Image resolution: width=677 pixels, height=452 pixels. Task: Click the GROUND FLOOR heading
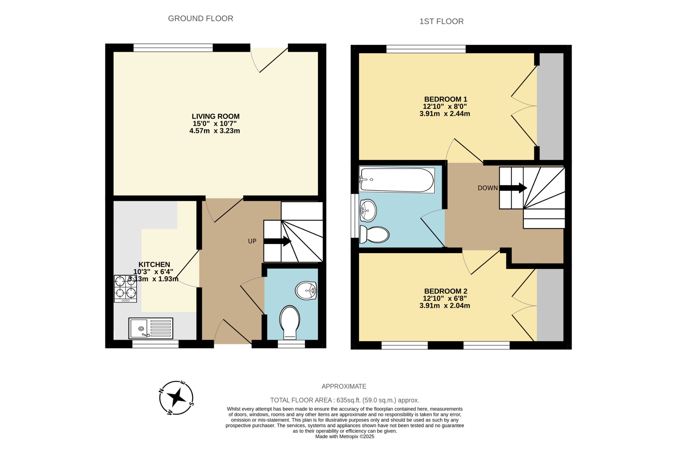pyautogui.click(x=201, y=19)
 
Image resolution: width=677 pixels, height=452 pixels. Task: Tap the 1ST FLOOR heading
pyautogui.click(x=441, y=22)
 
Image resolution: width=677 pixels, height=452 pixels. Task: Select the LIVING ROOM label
pyautogui.click(x=216, y=116)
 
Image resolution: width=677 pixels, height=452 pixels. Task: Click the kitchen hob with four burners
pyautogui.click(x=125, y=289)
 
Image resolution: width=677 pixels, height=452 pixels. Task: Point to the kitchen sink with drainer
pyautogui.click(x=151, y=328)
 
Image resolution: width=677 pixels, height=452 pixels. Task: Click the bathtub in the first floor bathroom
pyautogui.click(x=397, y=180)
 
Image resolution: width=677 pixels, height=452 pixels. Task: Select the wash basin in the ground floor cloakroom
pyautogui.click(x=306, y=291)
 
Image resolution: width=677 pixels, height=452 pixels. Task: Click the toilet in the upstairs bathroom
pyautogui.click(x=375, y=234)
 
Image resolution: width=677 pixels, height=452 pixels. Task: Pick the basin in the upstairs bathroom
pyautogui.click(x=368, y=210)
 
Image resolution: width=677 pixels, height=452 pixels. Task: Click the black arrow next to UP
pyautogui.click(x=277, y=241)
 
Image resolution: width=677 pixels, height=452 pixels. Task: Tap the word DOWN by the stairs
pyautogui.click(x=488, y=188)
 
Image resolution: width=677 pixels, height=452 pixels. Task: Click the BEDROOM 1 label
pyautogui.click(x=445, y=99)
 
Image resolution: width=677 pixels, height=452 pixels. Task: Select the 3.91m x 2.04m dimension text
pyautogui.click(x=445, y=306)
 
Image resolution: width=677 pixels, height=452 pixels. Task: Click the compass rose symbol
pyautogui.click(x=176, y=398)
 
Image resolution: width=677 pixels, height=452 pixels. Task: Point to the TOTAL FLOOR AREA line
pyautogui.click(x=344, y=400)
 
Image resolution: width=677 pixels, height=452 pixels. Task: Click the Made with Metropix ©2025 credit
pyautogui.click(x=344, y=436)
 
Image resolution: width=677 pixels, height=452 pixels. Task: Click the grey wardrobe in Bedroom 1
pyautogui.click(x=550, y=106)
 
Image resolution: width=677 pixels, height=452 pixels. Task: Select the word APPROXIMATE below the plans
pyautogui.click(x=344, y=386)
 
